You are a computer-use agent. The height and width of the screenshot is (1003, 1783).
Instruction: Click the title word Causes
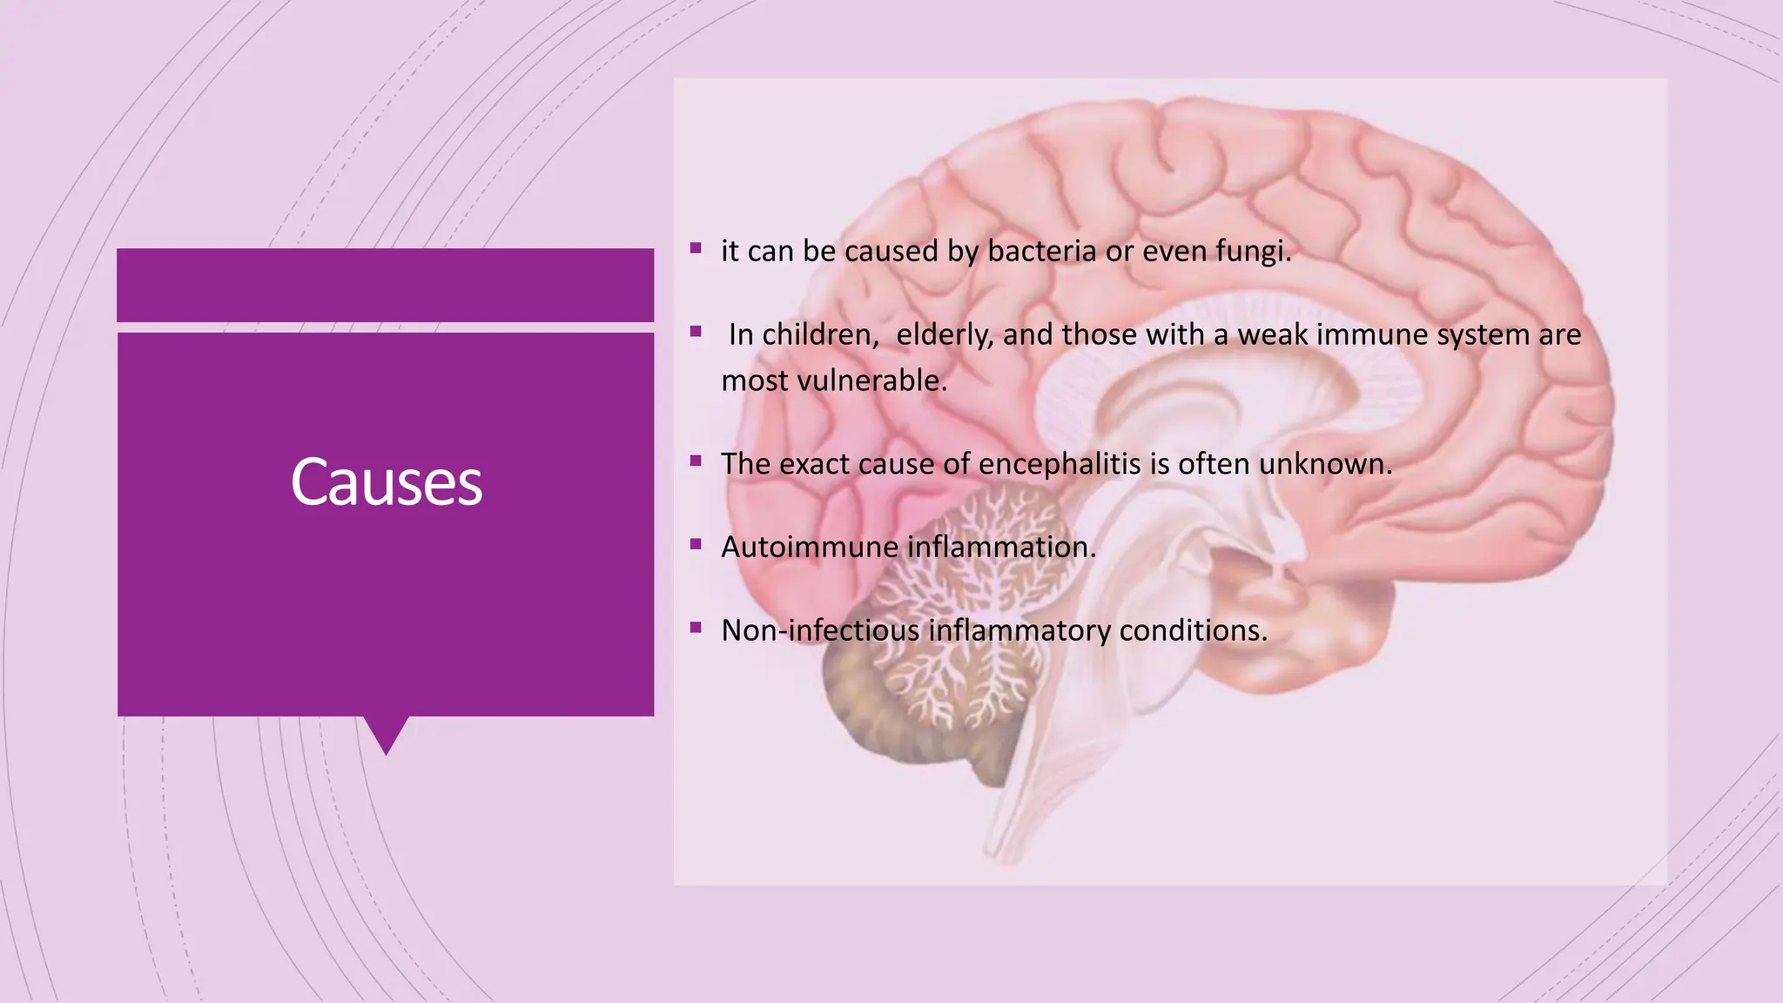pos(386,482)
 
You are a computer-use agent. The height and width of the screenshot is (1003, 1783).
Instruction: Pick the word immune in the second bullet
pos(1371,335)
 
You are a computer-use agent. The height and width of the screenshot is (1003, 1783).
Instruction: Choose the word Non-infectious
pos(820,630)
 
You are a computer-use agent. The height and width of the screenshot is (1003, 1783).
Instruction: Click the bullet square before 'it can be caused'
pos(696,248)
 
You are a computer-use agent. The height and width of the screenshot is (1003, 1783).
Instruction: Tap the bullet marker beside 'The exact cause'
pos(696,461)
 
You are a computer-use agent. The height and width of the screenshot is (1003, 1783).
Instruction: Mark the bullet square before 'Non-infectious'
pos(696,627)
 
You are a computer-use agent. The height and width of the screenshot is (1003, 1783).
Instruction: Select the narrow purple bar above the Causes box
pos(385,285)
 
